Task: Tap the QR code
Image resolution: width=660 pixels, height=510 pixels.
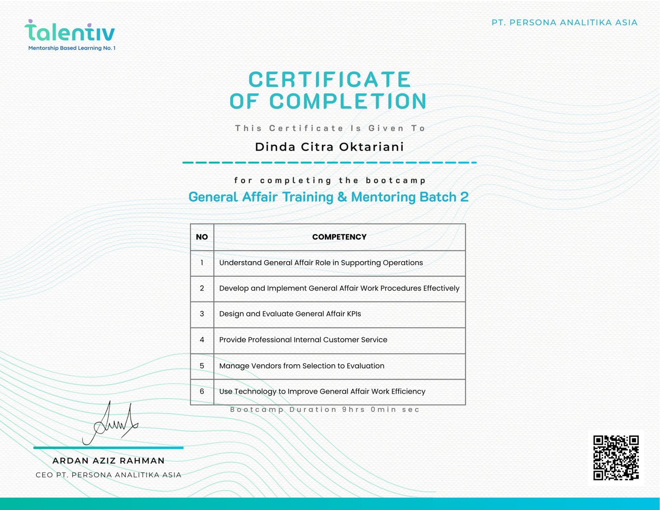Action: [616, 458]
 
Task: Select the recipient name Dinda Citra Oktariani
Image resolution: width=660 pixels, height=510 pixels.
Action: [329, 147]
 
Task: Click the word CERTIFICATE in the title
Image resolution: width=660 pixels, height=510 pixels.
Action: [329, 80]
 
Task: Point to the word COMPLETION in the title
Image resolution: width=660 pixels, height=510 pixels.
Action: [348, 102]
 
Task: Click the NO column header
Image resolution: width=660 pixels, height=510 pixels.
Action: [202, 237]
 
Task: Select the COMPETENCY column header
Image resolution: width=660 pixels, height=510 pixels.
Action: [339, 237]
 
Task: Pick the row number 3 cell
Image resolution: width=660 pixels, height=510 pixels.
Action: [202, 314]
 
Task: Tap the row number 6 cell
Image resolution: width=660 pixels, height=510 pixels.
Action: [202, 391]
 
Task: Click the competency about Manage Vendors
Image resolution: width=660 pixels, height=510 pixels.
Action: [302, 366]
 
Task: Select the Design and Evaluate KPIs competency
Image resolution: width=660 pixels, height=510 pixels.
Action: [290, 314]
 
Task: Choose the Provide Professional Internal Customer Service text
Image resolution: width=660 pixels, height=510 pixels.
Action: [303, 340]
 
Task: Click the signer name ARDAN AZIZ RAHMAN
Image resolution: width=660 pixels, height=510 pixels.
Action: [108, 460]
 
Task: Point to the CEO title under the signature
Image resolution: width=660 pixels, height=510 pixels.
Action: [108, 475]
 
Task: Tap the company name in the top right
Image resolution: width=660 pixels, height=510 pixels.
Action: [564, 23]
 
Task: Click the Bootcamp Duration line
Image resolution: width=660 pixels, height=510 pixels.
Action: [325, 410]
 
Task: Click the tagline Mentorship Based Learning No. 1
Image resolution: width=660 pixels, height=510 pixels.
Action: [72, 48]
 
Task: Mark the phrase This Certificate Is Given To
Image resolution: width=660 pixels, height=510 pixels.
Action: [330, 128]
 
